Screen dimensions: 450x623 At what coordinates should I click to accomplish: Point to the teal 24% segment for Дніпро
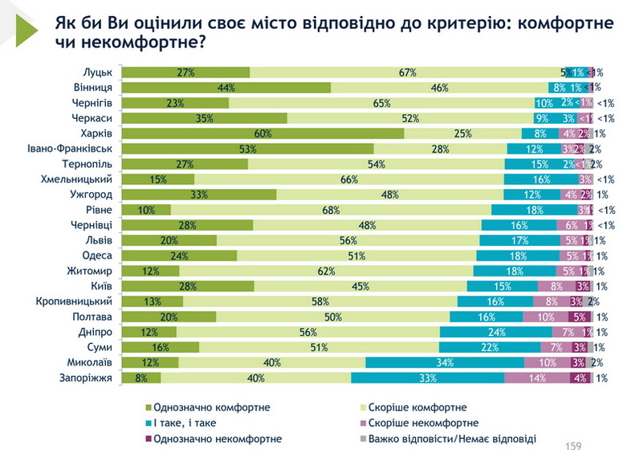pyautogui.click(x=495, y=332)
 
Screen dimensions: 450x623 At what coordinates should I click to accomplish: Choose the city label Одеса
pyautogui.click(x=96, y=256)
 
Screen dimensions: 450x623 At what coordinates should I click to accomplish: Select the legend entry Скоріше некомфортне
pyautogui.click(x=432, y=423)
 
